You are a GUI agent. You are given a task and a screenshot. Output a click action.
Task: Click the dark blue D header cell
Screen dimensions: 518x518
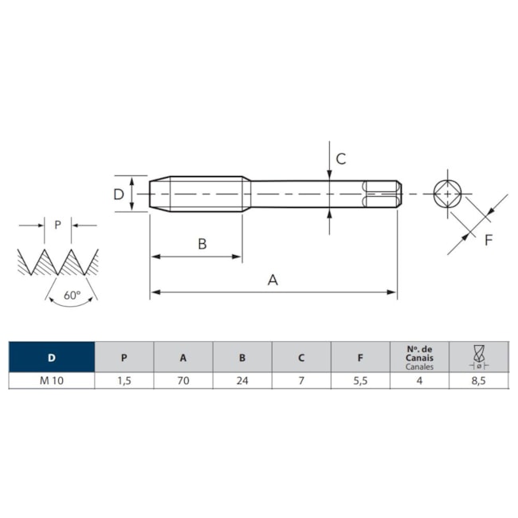coord(52,357)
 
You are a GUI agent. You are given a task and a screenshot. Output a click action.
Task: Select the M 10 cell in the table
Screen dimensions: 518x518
coord(52,381)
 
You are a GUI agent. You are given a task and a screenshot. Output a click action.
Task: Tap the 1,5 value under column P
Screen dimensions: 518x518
coord(124,381)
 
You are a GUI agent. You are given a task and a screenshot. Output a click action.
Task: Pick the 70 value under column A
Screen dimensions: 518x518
coord(183,381)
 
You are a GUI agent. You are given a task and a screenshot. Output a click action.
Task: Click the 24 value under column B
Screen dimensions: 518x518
coord(242,381)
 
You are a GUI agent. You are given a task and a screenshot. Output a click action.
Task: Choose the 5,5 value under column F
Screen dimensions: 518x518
coord(360,381)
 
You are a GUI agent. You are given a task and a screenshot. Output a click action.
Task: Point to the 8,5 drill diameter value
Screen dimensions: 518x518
coord(479,381)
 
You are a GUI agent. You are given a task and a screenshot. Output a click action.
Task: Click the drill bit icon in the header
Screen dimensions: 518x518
coord(479,356)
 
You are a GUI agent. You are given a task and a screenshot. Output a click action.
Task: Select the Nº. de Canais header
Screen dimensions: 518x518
coord(419,354)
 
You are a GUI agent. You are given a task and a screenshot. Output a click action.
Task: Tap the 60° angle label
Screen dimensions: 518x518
coord(72,295)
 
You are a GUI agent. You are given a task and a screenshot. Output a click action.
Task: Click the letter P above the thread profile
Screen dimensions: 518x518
coord(58,225)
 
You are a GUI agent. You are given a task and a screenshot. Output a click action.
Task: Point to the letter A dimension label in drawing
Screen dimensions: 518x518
coord(273,281)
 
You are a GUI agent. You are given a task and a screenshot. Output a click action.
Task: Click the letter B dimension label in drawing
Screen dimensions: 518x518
coord(202,244)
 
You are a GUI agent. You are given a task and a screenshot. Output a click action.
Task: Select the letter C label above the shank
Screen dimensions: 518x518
coord(341,159)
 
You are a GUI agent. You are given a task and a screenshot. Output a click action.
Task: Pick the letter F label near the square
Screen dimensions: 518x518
coord(489,240)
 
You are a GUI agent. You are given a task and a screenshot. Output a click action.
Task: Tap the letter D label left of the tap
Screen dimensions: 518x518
coord(119,194)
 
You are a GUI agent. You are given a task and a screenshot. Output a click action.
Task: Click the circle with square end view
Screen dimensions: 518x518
coord(448,194)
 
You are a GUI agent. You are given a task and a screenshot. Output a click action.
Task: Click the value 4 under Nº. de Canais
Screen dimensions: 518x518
coord(419,381)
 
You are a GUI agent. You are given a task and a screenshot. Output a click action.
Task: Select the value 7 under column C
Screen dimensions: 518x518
coord(301,381)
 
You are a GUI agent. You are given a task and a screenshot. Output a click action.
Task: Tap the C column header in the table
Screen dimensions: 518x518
coord(301,358)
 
